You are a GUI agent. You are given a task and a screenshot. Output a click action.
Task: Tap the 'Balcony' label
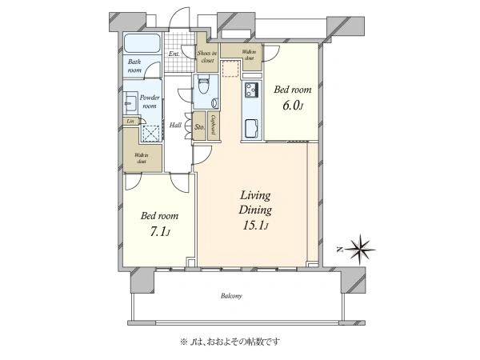[232, 296]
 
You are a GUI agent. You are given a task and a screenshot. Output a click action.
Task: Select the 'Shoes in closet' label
[208, 57]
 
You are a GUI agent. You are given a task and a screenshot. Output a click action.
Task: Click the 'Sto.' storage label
[200, 126]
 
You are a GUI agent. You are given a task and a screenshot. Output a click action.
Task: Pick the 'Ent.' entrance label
[174, 54]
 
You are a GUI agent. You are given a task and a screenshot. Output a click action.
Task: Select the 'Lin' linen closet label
[129, 121]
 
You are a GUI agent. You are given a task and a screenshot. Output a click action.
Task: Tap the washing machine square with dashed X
[149, 133]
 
